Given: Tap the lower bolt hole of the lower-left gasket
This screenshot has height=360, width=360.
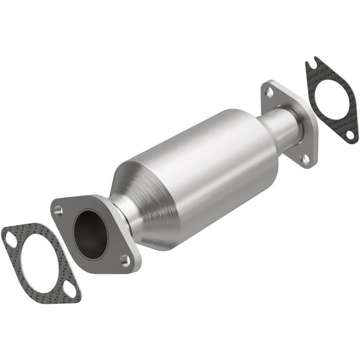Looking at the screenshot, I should pos(70,289).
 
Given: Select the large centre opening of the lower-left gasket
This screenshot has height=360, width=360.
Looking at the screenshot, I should pos(39,262).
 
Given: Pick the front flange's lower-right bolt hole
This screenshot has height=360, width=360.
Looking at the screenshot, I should pos(126,261).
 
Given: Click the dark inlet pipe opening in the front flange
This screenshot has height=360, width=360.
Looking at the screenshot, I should pos(89,234).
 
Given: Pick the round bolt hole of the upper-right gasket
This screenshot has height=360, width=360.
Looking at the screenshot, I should pos(350,134).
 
